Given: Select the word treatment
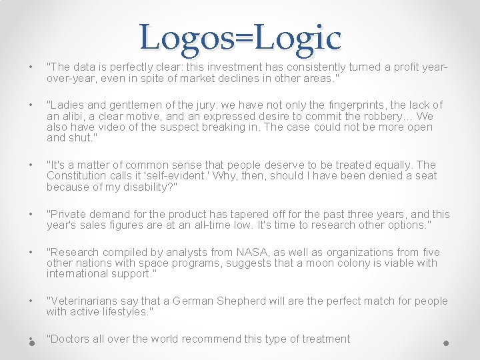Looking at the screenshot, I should [326, 339].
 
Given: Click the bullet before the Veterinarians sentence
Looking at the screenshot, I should [31, 301].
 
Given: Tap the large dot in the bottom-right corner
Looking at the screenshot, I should [446, 343].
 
